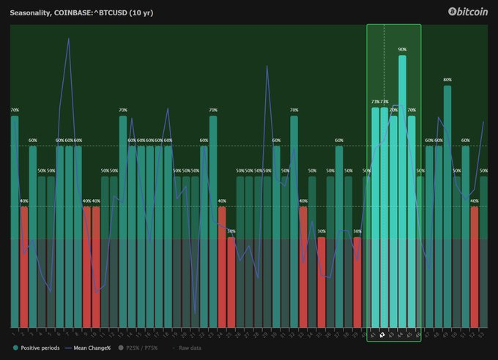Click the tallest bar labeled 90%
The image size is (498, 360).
click(402, 190)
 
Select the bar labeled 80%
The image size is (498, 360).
click(447, 205)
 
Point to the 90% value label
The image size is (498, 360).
click(402, 50)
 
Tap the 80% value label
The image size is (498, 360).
click(447, 80)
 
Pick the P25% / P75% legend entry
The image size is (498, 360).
click(143, 348)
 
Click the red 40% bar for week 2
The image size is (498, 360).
click(23, 267)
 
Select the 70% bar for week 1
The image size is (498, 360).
click(15, 220)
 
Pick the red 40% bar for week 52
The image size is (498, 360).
click(475, 267)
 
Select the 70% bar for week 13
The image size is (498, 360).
click(123, 220)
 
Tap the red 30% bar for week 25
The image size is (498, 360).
click(231, 282)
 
